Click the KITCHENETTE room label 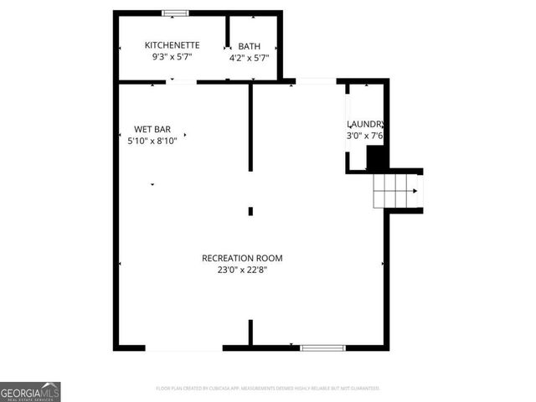(172, 45)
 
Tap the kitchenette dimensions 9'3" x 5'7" (172, 58)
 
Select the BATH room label (249, 46)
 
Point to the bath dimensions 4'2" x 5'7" (249, 59)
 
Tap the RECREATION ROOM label (242, 258)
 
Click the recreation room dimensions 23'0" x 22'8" (242, 270)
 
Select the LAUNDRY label (365, 124)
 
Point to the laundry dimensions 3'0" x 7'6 (365, 136)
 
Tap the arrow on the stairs (414, 190)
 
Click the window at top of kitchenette (176, 13)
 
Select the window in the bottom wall (322, 347)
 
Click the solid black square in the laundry (378, 157)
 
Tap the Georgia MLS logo (30, 391)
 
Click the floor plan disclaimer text (268, 389)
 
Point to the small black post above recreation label (250, 211)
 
